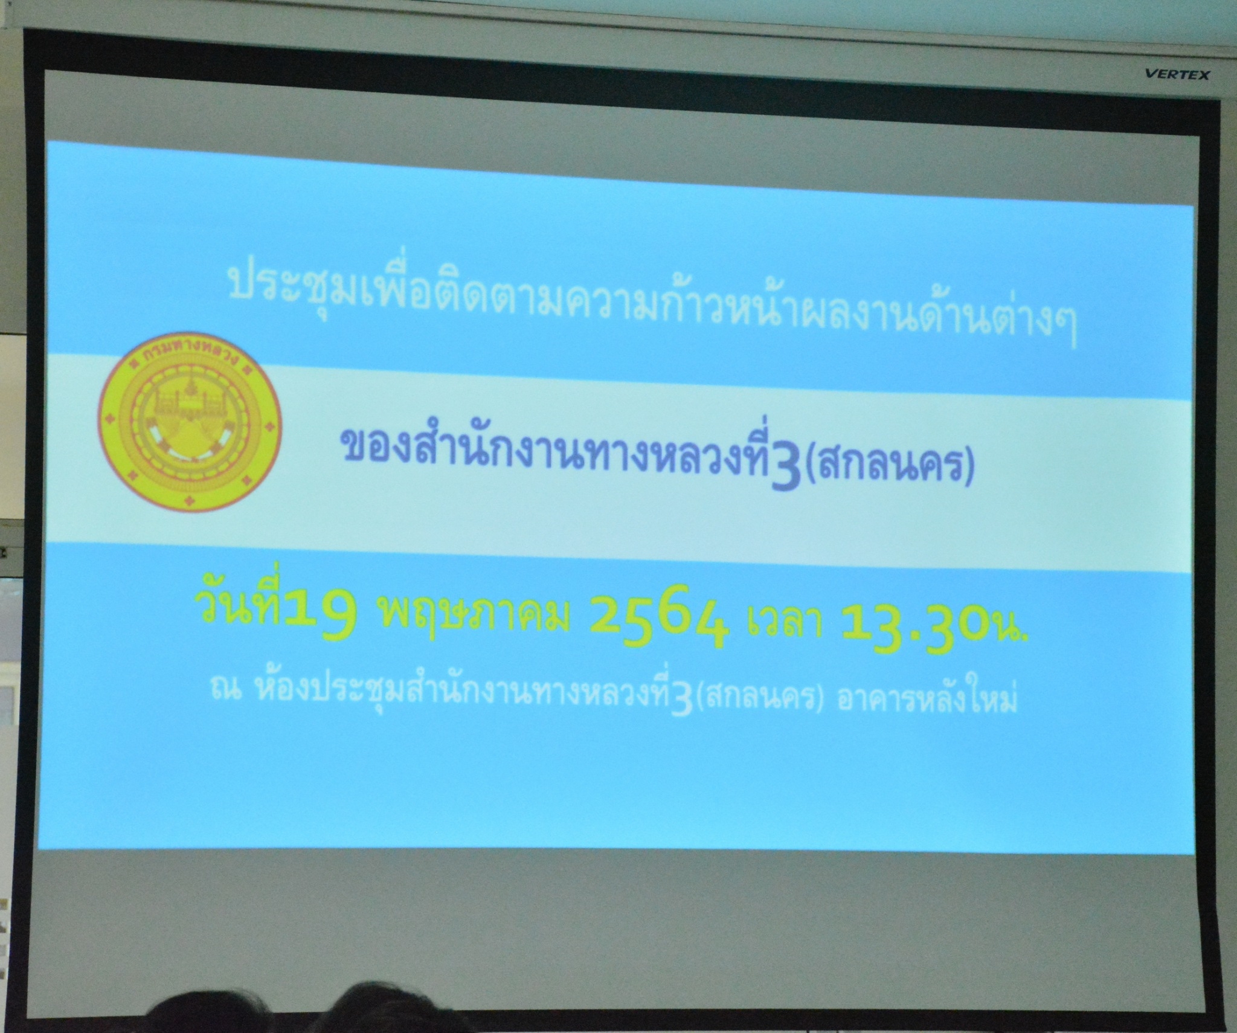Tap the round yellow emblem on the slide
coord(189,423)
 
